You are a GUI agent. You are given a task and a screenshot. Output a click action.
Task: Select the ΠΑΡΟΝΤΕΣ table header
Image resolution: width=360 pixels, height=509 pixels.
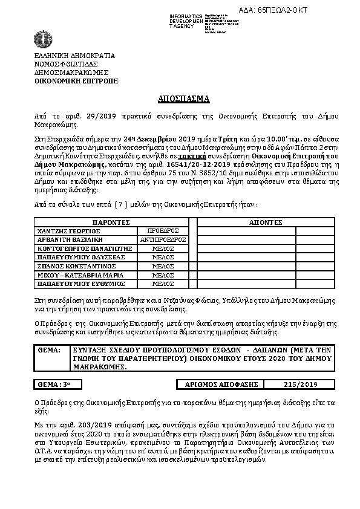click(x=111, y=222)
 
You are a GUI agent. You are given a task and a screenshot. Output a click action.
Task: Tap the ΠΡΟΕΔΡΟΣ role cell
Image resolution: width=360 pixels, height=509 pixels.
click(x=163, y=231)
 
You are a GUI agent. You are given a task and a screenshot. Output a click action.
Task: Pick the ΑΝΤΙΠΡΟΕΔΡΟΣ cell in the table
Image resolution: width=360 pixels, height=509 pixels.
click(x=163, y=239)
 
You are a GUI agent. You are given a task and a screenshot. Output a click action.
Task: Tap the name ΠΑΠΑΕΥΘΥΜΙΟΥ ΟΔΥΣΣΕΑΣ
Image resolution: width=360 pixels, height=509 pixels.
click(x=81, y=257)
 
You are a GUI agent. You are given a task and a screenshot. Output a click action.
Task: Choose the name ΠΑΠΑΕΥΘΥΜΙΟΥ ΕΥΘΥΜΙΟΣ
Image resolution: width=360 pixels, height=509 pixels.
click(x=81, y=283)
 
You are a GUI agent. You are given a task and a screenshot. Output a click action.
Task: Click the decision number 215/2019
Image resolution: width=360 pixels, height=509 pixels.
click(x=300, y=384)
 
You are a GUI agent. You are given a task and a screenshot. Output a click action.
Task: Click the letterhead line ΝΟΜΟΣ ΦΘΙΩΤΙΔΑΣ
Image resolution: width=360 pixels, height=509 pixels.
click(x=66, y=63)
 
